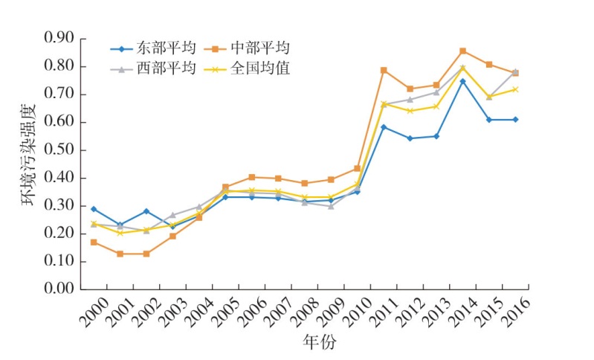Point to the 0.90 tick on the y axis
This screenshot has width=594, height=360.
coord(59,38)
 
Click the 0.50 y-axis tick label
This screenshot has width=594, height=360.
coord(59,150)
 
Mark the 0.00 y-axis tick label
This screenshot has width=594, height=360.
coord(59,289)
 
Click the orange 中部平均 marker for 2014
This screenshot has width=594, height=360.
coord(462,51)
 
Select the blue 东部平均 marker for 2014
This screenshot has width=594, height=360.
coord(462,81)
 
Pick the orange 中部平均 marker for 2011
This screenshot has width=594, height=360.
coord(384,70)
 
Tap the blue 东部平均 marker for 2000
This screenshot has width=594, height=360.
coord(93,209)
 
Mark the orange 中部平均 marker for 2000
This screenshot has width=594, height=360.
coord(93,242)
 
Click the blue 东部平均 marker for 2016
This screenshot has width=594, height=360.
coord(515,119)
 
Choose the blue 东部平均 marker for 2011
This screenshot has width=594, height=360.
coord(384,127)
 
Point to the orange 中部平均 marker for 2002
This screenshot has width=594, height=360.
coord(146,254)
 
